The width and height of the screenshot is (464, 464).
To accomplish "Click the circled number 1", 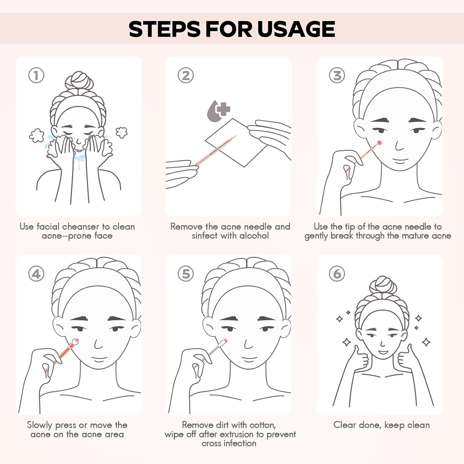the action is coord(36,75).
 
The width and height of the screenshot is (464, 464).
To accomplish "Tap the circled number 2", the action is coord(186,75).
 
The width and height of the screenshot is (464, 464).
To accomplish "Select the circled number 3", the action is coord(337,75).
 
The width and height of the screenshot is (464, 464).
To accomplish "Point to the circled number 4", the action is coord(36,274).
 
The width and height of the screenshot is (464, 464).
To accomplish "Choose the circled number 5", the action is coord(186,274).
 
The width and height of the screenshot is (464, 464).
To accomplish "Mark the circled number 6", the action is coord(337,274).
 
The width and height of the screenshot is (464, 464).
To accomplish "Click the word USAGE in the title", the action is coord(296,29).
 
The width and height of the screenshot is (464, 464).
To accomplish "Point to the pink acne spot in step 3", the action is coord(379,143).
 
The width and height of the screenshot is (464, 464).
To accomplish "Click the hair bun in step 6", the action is coord(383,285).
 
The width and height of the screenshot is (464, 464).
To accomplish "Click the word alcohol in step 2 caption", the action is coord(254,236).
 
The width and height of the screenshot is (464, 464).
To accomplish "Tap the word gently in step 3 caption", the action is coord(316,236).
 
